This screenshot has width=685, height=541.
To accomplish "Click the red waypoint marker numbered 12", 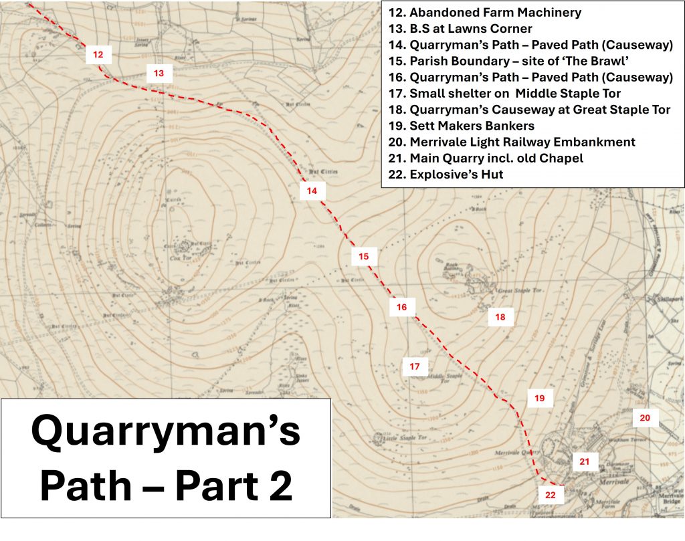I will click(98, 55).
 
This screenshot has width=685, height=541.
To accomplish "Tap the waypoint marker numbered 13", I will click(159, 73).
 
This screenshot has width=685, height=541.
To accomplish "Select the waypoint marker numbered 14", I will click(312, 191).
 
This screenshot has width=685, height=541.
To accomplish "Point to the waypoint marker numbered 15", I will click(363, 256).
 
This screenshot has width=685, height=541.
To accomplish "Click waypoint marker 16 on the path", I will click(401, 307).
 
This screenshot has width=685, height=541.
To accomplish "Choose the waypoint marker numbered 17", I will click(414, 366).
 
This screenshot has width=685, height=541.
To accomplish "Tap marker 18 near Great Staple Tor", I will click(500, 317).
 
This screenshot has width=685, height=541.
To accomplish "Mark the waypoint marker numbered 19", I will click(539, 399).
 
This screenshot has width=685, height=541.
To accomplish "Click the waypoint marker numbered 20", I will click(645, 418).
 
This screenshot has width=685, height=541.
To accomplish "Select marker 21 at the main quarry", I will click(584, 461).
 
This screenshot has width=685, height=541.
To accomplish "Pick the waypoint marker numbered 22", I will click(550, 495).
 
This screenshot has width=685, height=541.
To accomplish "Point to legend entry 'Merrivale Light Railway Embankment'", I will click(512, 142).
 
